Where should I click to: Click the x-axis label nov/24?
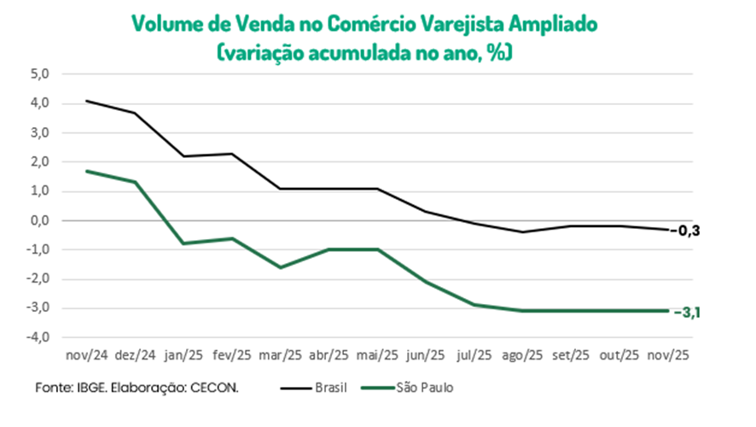pos(86,354)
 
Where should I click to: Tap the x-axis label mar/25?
pos(281,354)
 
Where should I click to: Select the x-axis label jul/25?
pos(474,354)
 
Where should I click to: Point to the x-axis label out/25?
pos(619,354)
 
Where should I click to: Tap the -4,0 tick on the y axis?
pos(40,337)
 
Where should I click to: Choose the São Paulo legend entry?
pos(424,388)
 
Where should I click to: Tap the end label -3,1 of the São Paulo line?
pos(692,313)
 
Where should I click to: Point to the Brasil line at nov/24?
pos(86,101)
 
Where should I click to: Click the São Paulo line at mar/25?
pos(281,267)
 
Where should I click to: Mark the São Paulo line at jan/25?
pos(183,243)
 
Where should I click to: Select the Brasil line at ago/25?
pos(522,231)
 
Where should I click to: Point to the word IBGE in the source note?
pos(91,388)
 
